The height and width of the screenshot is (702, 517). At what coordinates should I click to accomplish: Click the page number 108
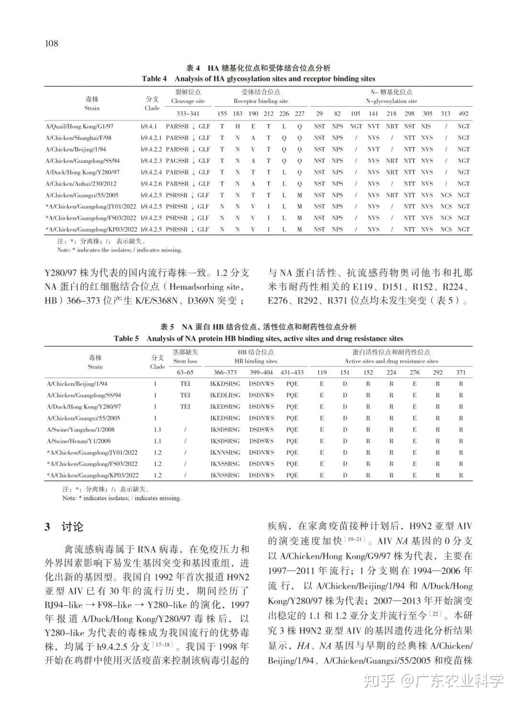[51, 44]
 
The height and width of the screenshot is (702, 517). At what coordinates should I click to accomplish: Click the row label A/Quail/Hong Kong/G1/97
[79, 126]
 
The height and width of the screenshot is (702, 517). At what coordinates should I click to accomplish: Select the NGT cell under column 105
[356, 126]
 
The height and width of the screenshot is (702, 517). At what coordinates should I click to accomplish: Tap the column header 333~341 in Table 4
[188, 114]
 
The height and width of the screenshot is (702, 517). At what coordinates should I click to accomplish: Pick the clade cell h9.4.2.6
[152, 184]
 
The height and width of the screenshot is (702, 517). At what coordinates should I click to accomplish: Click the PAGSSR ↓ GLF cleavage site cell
[188, 161]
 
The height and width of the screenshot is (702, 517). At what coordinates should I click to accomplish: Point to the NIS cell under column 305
[426, 126]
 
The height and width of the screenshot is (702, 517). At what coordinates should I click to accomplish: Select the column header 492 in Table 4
[463, 114]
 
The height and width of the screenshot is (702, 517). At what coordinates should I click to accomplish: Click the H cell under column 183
[237, 126]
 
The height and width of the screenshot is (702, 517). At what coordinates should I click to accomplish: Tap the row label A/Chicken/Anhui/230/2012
[81, 184]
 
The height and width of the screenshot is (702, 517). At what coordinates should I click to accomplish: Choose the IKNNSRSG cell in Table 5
[225, 453]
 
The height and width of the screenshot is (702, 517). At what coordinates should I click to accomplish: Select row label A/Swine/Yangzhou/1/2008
[80, 430]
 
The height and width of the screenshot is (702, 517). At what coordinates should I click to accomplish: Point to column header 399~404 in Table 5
[261, 373]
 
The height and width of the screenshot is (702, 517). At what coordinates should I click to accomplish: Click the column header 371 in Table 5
[461, 373]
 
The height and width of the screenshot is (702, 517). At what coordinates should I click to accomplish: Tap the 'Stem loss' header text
[185, 362]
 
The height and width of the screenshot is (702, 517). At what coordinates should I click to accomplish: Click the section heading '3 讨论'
[64, 527]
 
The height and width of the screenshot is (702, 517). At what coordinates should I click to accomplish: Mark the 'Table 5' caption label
[126, 339]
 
